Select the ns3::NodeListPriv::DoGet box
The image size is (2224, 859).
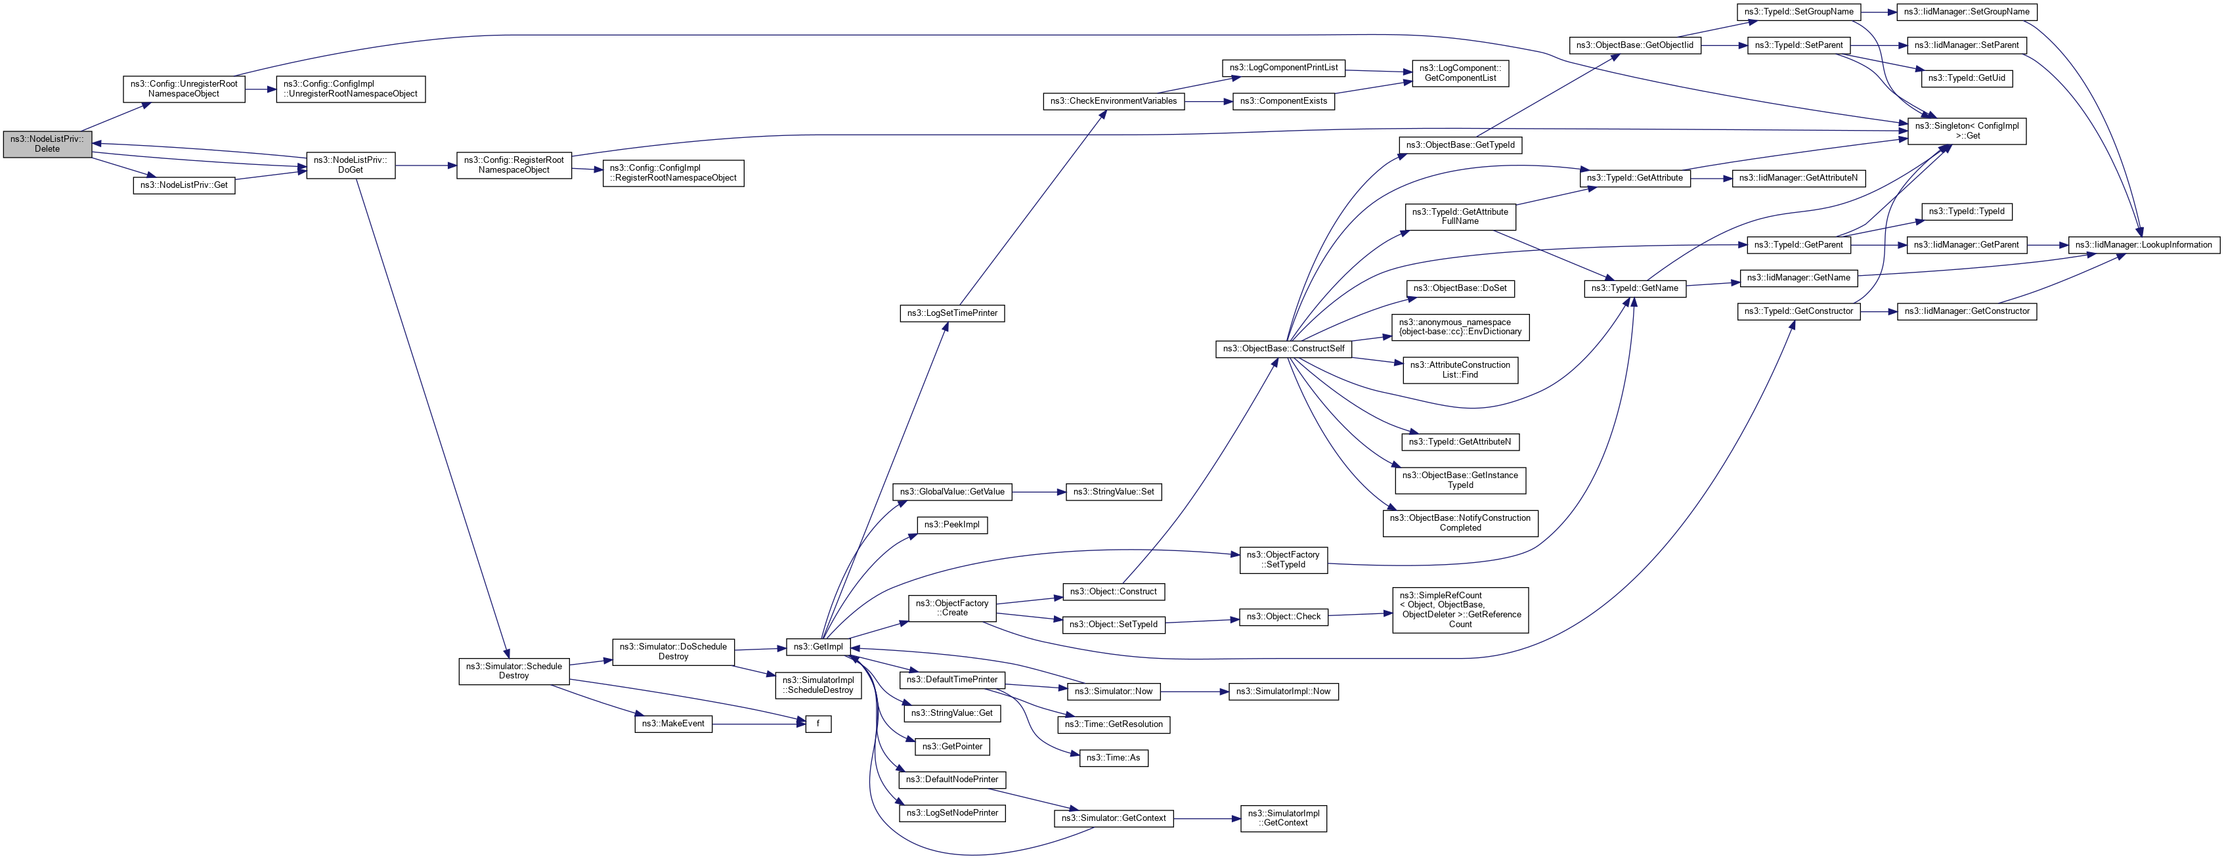[351, 165]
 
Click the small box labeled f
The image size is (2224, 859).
[818, 724]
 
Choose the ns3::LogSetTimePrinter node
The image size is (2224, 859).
[951, 313]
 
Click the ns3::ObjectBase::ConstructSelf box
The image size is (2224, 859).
[1283, 349]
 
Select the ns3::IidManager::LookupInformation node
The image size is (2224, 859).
[2143, 245]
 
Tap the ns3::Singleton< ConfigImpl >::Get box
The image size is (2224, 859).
[1966, 131]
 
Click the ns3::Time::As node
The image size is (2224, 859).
[1113, 758]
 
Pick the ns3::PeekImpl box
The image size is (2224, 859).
[951, 525]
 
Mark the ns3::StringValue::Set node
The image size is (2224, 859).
[1113, 492]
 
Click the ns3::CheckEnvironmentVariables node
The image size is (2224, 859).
[1113, 102]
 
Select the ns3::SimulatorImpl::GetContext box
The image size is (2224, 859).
[1283, 818]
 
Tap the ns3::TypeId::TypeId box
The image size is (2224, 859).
[1966, 211]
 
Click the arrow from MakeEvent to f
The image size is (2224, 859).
[760, 724]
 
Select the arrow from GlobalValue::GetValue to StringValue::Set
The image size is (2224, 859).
[1039, 492]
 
